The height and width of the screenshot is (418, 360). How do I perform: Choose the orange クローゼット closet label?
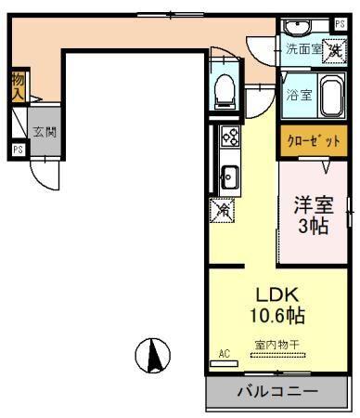pyautogui.click(x=313, y=140)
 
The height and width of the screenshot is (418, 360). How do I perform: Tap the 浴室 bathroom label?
pyautogui.click(x=297, y=94)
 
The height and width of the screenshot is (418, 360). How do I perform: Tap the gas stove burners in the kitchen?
pyautogui.click(x=230, y=138)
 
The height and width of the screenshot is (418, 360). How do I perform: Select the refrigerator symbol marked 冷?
pyautogui.click(x=224, y=211)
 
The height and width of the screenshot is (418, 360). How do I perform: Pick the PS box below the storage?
pyautogui.click(x=18, y=149)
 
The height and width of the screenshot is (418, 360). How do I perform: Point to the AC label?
pyautogui.click(x=224, y=354)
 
